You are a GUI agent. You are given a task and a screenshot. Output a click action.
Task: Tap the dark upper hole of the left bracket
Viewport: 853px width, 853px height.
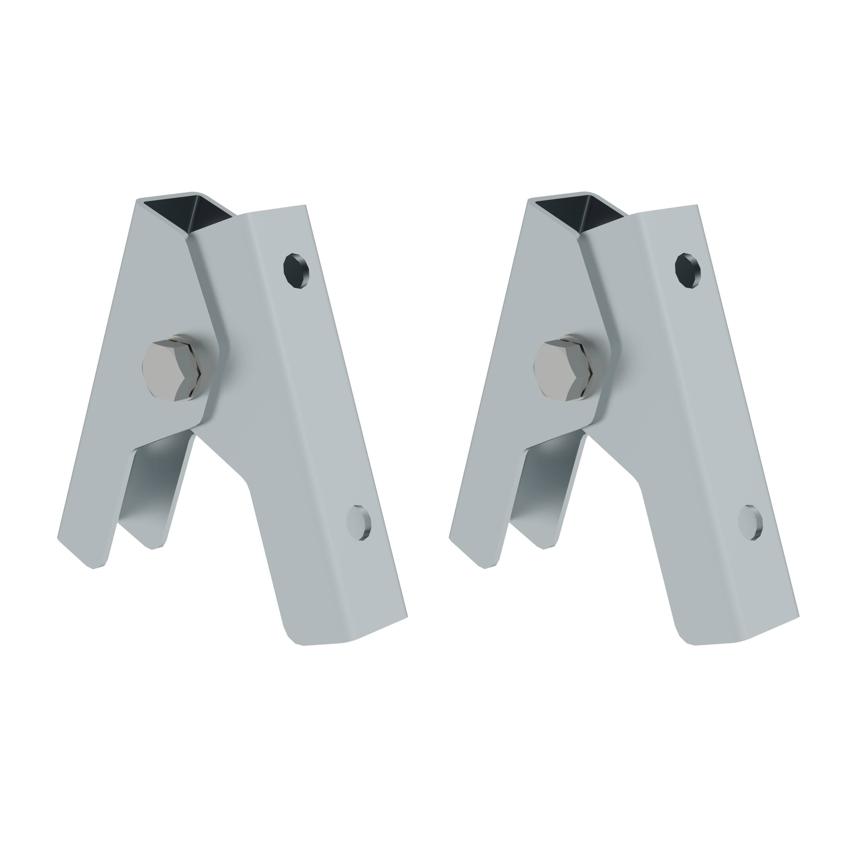296,271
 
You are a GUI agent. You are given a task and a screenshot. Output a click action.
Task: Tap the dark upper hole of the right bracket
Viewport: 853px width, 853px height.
688,271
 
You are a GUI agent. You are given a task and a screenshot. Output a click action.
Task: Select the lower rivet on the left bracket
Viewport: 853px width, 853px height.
359,523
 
